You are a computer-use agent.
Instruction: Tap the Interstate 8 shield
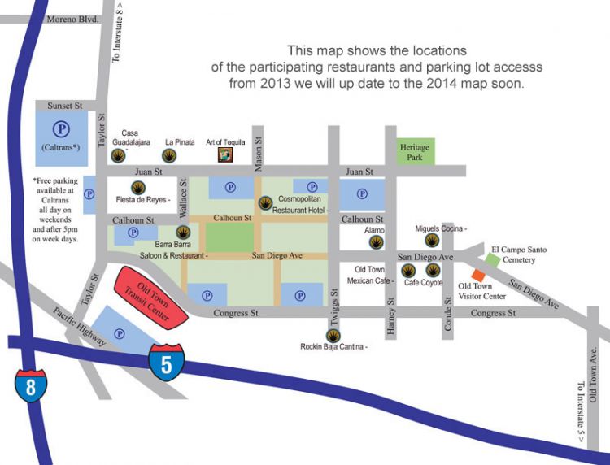[31, 385]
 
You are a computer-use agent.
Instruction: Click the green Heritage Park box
[414, 152]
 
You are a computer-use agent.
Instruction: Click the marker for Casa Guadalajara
[120, 155]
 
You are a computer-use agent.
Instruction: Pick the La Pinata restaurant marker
[181, 155]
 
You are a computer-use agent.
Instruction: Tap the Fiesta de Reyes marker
[138, 187]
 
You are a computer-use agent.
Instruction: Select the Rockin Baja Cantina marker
[333, 335]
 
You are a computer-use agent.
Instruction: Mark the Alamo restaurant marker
[375, 242]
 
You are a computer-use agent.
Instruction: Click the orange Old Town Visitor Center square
[477, 276]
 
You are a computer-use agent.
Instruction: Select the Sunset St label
[65, 106]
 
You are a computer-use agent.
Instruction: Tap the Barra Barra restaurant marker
[183, 232]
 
